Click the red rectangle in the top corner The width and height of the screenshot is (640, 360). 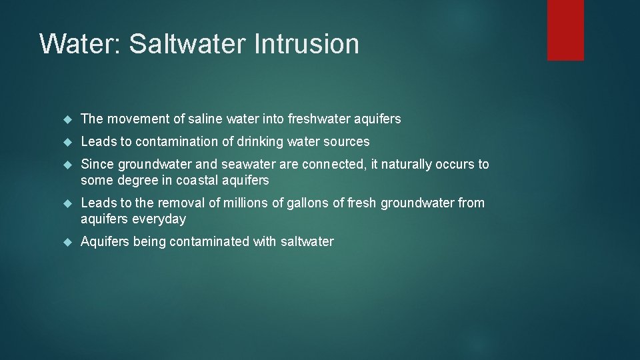click(x=565, y=30)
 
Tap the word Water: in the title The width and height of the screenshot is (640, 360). click(x=80, y=44)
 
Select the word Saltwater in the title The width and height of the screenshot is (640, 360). click(x=188, y=44)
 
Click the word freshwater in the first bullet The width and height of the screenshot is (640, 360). click(x=319, y=119)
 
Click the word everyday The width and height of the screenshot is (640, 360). click(x=159, y=219)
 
